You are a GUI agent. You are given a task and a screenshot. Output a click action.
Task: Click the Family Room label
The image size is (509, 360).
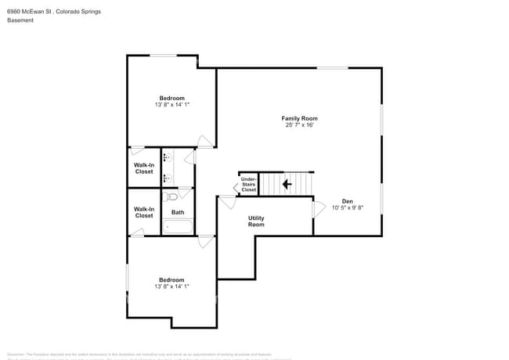coord(299,118)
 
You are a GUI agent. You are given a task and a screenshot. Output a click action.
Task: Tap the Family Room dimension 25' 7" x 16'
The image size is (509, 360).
coord(299,125)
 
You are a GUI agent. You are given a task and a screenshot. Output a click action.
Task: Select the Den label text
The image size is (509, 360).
coord(347,201)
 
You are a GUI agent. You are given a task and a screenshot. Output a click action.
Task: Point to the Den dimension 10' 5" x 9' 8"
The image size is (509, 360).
coord(347,208)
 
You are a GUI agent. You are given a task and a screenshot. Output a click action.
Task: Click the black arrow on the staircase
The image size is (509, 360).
coord(287,185)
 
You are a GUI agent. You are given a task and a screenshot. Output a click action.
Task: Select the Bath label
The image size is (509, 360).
coord(178,212)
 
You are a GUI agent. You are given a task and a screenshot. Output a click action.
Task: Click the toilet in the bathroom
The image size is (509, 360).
coord(171,196)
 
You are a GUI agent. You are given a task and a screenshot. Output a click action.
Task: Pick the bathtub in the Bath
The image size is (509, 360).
coord(178,228)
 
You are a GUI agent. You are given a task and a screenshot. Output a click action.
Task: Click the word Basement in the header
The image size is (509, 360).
coord(20,20)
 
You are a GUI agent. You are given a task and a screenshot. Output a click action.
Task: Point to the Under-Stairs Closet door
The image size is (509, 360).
coord(236,187)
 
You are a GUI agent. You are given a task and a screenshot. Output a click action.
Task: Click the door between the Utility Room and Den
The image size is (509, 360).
coord(318,208)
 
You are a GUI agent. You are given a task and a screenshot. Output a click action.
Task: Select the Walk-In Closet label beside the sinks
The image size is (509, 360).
coord(144,168)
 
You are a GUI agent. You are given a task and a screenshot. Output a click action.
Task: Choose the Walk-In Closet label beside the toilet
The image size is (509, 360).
coord(144,212)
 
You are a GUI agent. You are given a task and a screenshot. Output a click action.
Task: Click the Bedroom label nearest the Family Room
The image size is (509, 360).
coord(171,98)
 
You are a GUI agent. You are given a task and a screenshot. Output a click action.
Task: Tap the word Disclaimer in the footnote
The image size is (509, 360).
coord(19,355)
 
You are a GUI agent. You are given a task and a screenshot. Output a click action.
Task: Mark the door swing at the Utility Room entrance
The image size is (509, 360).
coord(228,202)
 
